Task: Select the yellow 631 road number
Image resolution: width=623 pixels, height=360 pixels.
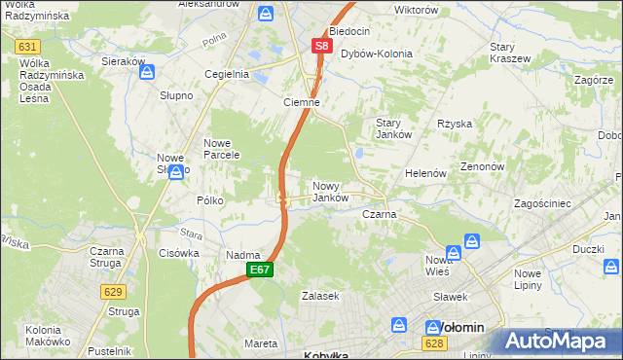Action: [27, 47]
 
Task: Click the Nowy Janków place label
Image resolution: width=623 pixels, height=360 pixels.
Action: [330, 192]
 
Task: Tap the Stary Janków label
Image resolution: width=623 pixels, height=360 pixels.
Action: [395, 128]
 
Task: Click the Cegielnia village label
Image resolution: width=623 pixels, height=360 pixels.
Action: [226, 74]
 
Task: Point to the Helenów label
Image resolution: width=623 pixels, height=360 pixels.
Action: [425, 173]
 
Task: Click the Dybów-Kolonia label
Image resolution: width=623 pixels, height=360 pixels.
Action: [376, 54]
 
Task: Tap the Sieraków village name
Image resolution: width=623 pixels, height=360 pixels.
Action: [124, 61]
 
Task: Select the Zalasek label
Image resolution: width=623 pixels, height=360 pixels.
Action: [319, 295]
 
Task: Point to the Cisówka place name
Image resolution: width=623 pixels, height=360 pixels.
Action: [178, 253]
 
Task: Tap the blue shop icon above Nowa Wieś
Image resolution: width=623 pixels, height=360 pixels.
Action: [471, 240]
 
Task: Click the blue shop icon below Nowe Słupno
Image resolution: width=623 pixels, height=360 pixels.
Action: [175, 173]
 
